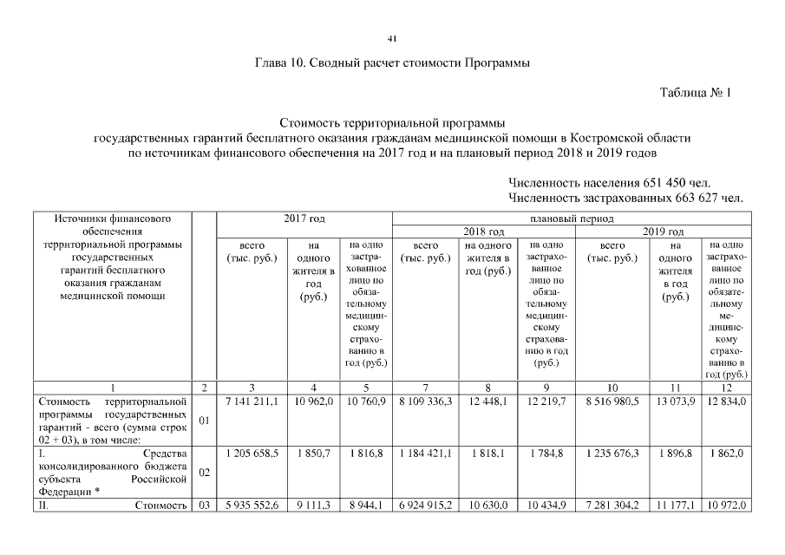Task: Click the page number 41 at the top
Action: (392, 39)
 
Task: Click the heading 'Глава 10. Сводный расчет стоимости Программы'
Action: (392, 63)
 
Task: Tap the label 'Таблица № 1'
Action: (696, 93)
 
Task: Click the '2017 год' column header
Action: (304, 218)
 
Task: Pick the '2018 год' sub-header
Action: (483, 232)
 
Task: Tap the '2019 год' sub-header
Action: (664, 232)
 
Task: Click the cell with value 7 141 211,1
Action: (252, 402)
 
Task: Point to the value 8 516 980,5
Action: (613, 402)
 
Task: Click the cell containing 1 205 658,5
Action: (252, 453)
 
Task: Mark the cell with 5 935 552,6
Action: (252, 505)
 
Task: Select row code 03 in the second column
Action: (204, 505)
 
